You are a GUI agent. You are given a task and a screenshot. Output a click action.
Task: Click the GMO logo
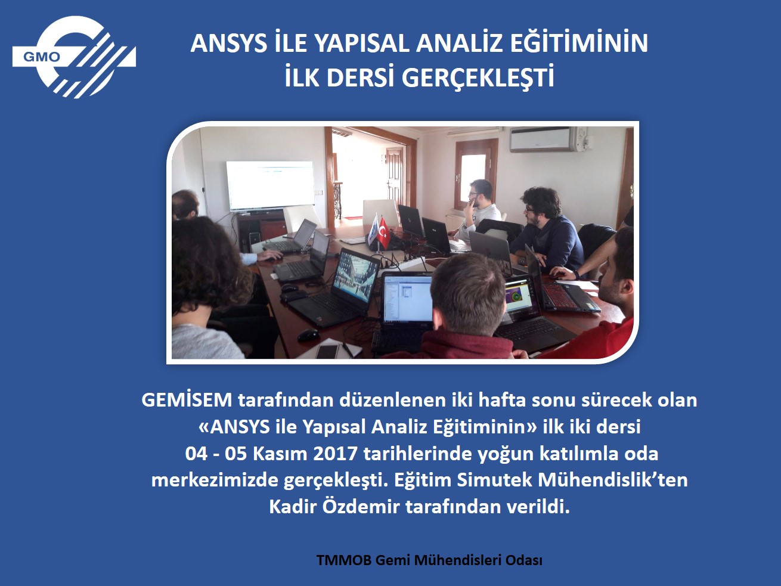click(x=74, y=57)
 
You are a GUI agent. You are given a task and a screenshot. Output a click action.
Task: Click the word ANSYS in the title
click(x=229, y=44)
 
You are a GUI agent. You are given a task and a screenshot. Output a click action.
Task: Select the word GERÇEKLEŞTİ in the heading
click(x=478, y=79)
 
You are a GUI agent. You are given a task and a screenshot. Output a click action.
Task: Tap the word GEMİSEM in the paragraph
click(x=187, y=400)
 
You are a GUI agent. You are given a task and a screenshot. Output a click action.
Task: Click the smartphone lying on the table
click(x=327, y=351)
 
